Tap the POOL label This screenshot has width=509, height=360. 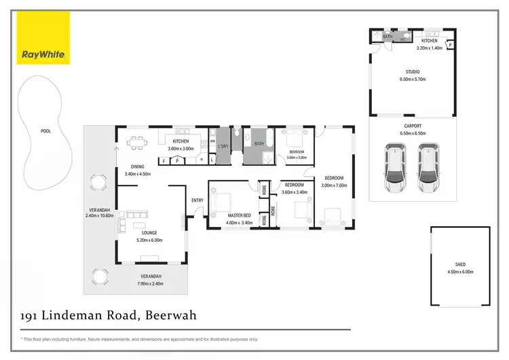[45, 132]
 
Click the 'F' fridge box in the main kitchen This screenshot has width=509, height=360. [164, 160]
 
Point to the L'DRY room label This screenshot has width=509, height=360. [223, 146]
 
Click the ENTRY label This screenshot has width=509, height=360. [197, 200]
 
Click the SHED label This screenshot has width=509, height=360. [460, 264]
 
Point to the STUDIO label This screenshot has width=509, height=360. [413, 72]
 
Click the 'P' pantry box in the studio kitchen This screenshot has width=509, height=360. [449, 45]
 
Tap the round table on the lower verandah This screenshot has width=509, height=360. [100, 276]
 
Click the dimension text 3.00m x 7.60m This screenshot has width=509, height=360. [334, 185]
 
